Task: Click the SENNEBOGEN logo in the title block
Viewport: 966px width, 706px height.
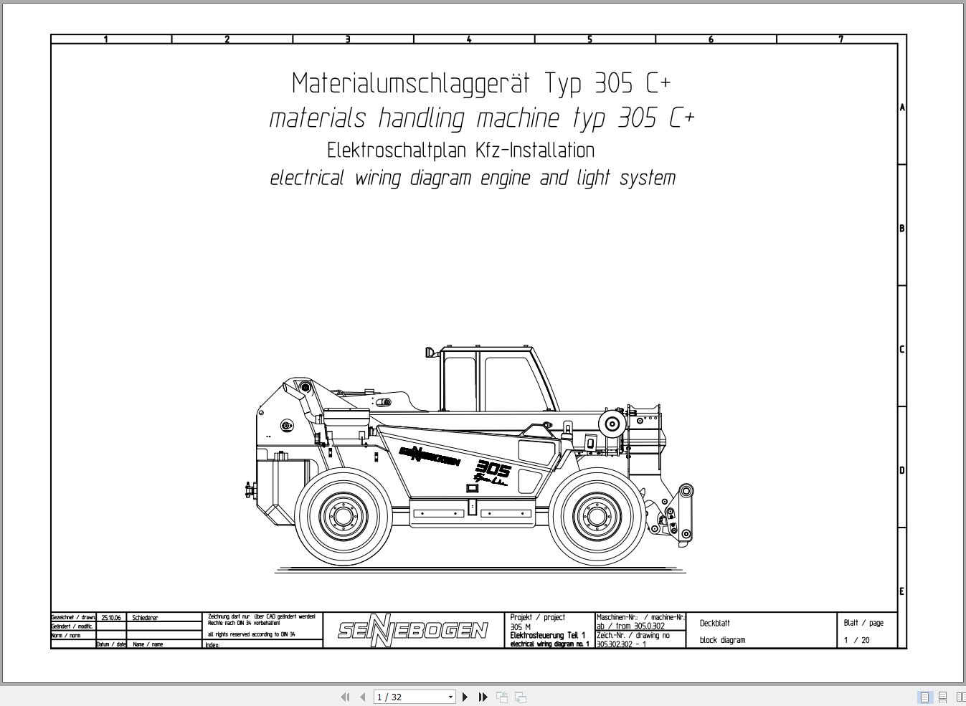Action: (x=413, y=630)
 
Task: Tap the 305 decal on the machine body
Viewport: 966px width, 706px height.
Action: (x=493, y=469)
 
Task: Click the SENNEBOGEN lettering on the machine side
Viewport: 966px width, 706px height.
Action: (x=429, y=455)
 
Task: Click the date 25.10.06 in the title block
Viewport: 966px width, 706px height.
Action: (x=111, y=617)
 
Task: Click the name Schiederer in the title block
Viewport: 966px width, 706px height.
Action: (x=145, y=617)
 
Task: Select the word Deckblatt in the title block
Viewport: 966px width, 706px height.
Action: (x=715, y=623)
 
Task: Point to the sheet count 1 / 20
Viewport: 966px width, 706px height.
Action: (x=856, y=640)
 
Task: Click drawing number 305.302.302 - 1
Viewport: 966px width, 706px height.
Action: (x=621, y=644)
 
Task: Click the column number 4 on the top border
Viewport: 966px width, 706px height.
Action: (x=469, y=39)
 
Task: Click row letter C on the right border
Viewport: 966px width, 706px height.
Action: (x=901, y=350)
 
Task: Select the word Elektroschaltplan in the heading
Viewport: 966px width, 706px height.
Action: (x=397, y=151)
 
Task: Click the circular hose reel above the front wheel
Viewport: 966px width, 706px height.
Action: (x=612, y=423)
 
